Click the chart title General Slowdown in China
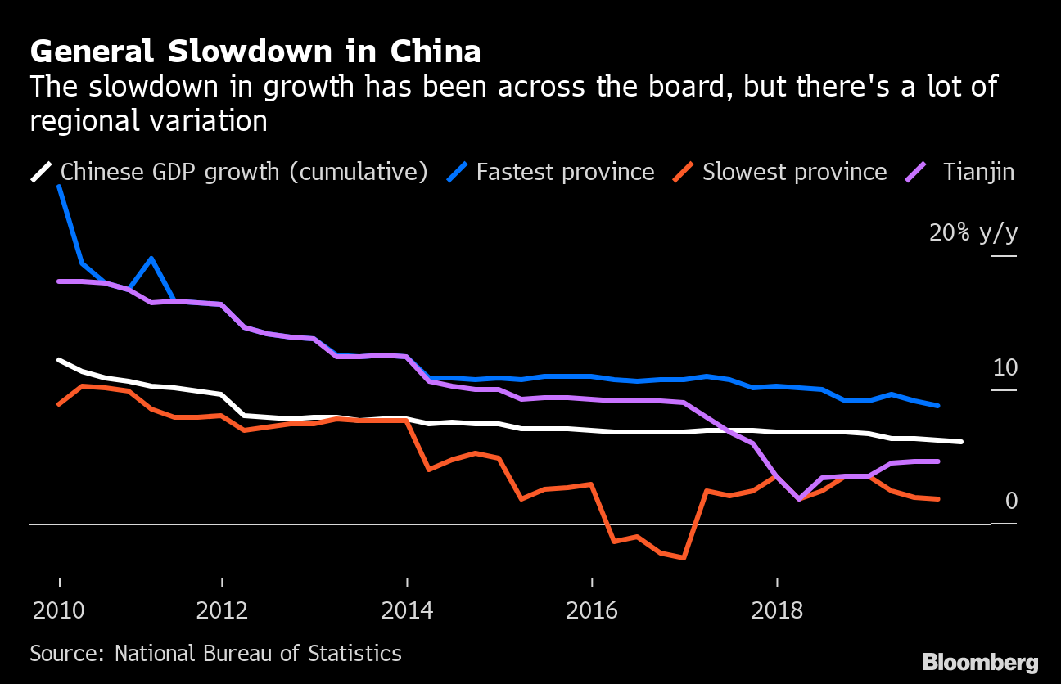coord(255,52)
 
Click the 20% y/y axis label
coord(973,233)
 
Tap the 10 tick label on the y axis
coord(1005,367)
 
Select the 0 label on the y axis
coord(1011,501)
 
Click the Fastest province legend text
coord(565,172)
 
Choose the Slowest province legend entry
coord(794,172)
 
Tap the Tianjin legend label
coord(978,172)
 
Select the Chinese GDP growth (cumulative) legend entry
coord(244,172)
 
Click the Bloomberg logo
coord(980,662)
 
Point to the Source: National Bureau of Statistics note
coord(216,653)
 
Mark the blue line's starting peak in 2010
coord(59,187)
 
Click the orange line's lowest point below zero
coord(683,558)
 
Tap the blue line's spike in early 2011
coord(151,259)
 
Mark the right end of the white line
coord(961,442)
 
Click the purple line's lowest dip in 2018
coord(799,498)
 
